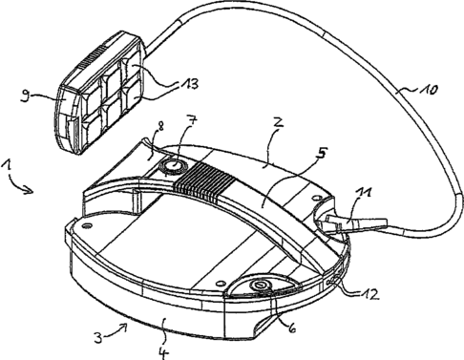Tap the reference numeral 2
[278, 122]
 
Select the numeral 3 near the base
[99, 337]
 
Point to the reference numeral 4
[163, 352]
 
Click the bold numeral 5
[321, 153]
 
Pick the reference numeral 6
[291, 328]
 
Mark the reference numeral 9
[25, 96]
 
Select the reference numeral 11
[365, 193]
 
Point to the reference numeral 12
[370, 294]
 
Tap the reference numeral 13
[190, 84]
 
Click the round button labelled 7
[170, 165]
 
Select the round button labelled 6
[261, 285]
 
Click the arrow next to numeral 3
[116, 329]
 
